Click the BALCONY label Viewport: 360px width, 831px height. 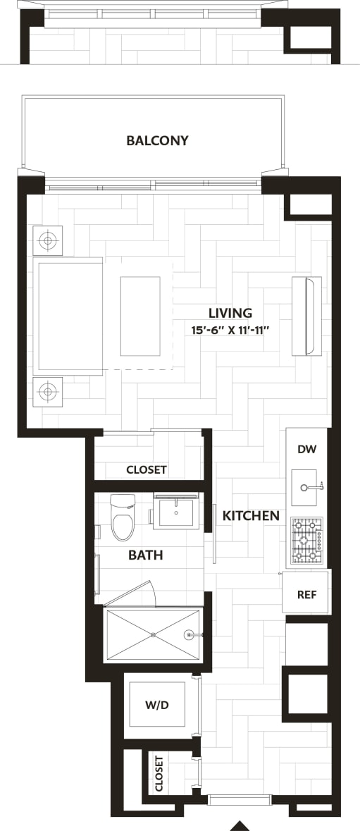157,140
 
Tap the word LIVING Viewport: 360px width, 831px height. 230,313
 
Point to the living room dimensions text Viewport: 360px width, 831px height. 230,329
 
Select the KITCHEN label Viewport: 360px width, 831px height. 251,516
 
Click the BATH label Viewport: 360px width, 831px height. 145,555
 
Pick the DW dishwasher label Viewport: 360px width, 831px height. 306,449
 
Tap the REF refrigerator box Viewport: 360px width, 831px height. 306,594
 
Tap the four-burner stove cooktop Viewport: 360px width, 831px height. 306,541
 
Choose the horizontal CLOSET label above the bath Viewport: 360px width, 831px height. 147,469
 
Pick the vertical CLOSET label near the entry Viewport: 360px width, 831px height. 159,773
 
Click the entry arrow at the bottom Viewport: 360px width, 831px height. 240,825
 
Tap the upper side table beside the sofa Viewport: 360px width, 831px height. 48,241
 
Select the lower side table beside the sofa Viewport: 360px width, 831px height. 48,391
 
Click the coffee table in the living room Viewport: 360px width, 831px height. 140,316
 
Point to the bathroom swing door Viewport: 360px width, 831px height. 130,593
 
